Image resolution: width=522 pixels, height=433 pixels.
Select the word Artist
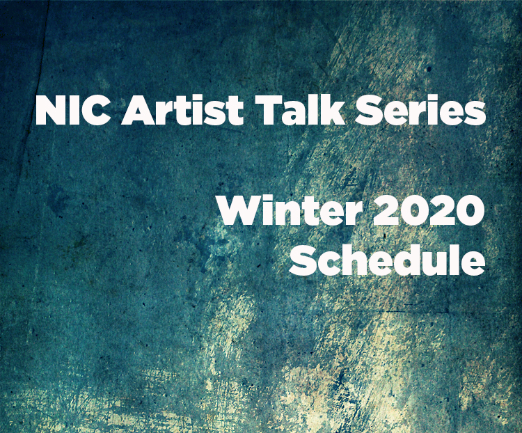[x=182, y=110]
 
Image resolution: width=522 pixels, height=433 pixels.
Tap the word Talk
[x=299, y=109]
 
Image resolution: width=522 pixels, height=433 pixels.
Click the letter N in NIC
[x=50, y=110]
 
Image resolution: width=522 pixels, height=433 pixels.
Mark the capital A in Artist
[x=137, y=110]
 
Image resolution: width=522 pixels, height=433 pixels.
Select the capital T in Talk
[x=268, y=110]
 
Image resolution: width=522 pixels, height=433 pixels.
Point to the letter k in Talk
[x=331, y=109]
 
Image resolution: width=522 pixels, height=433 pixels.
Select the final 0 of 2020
[x=470, y=211]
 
